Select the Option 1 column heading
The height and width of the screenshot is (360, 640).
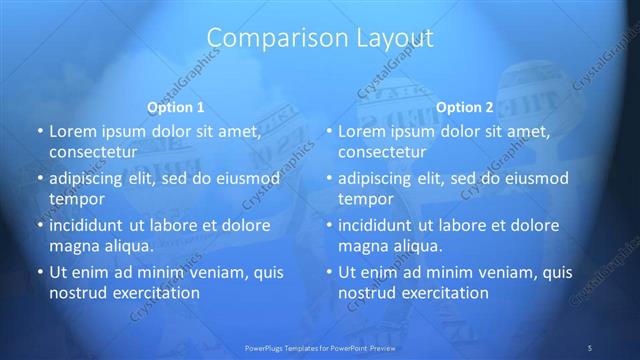(176, 107)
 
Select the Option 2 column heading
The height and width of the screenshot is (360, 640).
(465, 107)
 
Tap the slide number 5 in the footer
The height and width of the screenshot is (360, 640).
(590, 347)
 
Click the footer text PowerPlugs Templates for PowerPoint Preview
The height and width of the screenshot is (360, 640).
(320, 347)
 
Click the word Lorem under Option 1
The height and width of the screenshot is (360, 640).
(71, 131)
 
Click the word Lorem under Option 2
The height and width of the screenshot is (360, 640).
(361, 131)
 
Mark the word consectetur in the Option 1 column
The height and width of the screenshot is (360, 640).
(92, 152)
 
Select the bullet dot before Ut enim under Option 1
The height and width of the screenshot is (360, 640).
(39, 272)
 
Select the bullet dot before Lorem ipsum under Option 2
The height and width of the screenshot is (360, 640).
(328, 131)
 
